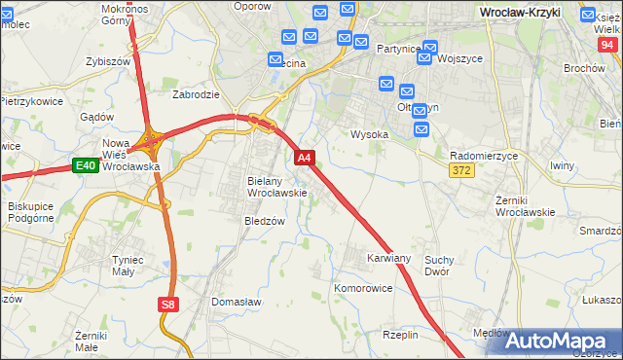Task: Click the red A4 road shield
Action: [305, 158]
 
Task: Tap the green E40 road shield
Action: [85, 165]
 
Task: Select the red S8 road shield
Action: [168, 305]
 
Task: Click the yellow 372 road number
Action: [461, 171]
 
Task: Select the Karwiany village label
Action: [388, 259]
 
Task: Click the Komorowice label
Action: [363, 289]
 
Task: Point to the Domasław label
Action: [237, 303]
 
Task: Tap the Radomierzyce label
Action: [484, 156]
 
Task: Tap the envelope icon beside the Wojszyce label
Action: [427, 58]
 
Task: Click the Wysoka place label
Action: [370, 135]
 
